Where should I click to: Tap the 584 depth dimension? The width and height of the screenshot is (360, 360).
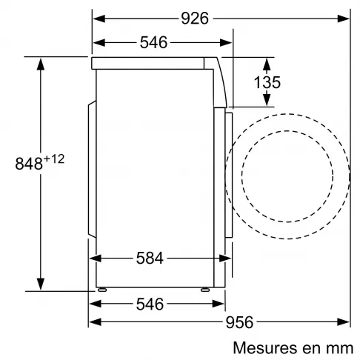[150, 259]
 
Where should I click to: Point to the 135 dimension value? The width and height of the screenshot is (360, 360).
[267, 82]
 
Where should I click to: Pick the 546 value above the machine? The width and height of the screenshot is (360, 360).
[153, 42]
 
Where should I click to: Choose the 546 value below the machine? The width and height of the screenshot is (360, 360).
[150, 304]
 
